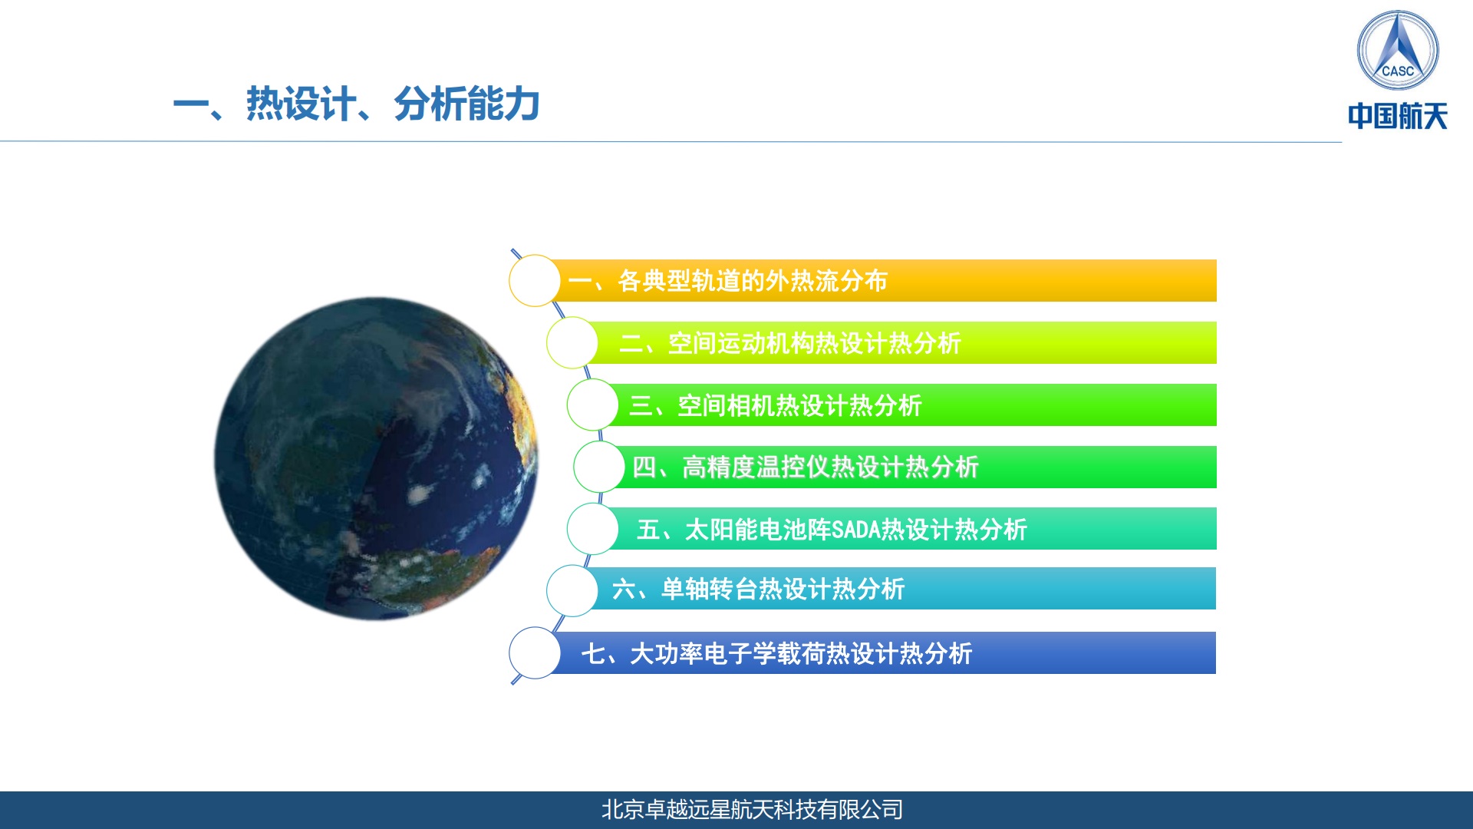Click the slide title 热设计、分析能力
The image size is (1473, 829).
tap(356, 104)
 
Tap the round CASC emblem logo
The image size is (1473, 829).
tap(1397, 51)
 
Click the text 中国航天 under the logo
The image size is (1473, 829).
tap(1397, 117)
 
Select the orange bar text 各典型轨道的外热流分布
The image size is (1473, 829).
tap(753, 281)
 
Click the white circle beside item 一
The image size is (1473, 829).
tap(535, 281)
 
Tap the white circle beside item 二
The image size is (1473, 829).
tap(572, 343)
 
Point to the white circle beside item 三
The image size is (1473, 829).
tap(592, 405)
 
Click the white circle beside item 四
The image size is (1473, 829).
tap(599, 467)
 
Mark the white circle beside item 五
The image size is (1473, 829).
tap(592, 529)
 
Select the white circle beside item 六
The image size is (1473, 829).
tap(572, 590)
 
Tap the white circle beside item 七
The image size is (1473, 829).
tap(535, 653)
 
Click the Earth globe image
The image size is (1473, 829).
tap(376, 459)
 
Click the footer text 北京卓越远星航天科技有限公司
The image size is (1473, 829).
tap(752, 810)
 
